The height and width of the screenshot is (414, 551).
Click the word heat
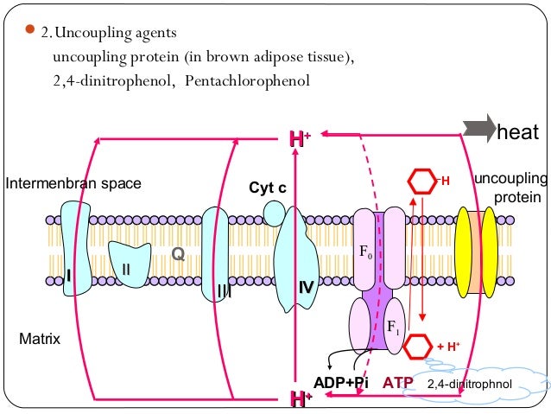point(518,132)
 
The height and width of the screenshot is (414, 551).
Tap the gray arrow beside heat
point(478,130)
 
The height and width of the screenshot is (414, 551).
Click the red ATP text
point(397,381)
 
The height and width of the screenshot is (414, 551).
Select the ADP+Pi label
point(341,381)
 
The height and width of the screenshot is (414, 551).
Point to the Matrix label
point(40,340)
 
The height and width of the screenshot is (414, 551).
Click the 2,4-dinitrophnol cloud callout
point(472,383)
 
